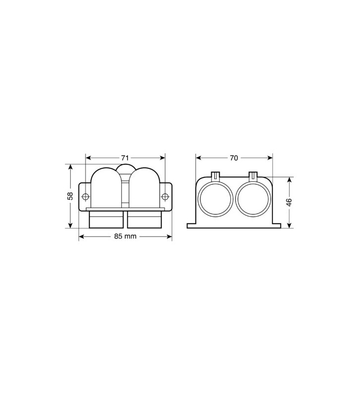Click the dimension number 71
(126, 158)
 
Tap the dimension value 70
(234, 158)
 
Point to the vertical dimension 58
(70, 196)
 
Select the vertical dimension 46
(289, 202)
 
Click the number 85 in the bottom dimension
(119, 236)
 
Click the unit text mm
(131, 236)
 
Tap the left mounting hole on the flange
(85, 197)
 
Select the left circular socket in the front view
(215, 201)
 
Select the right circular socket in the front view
(253, 201)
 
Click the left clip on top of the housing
(216, 175)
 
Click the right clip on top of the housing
(253, 175)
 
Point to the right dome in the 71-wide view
(144, 191)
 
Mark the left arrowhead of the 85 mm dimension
(81, 236)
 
